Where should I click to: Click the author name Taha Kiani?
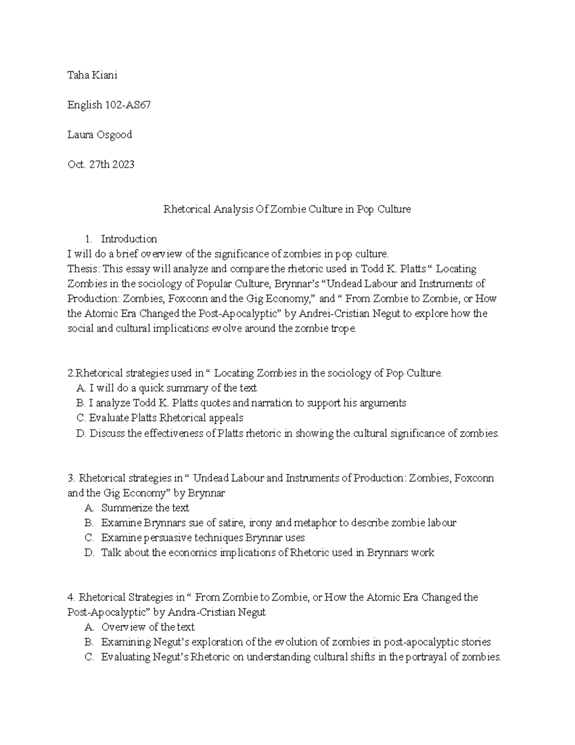(92, 75)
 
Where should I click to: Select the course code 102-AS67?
(128, 105)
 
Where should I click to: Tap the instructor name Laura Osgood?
(99, 135)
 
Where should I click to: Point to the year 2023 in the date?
(123, 165)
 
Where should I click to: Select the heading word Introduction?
(129, 239)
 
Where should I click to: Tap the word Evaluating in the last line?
(125, 657)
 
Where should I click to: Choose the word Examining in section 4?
(125, 642)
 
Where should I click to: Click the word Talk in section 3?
(111, 553)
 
